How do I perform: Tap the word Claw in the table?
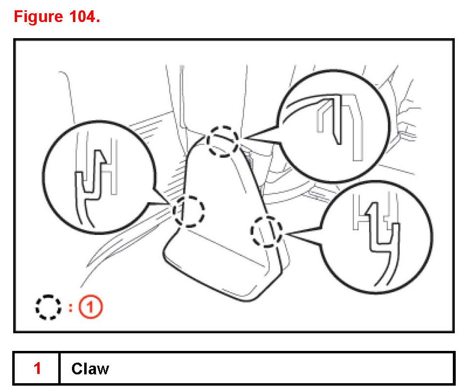[x=90, y=368]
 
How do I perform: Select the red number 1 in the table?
[x=37, y=368]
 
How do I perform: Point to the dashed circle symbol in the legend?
[x=48, y=307]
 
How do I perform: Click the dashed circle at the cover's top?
[x=222, y=140]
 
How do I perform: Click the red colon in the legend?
[x=70, y=308]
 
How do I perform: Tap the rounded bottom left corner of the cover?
[x=169, y=259]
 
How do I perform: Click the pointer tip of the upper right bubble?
[x=243, y=138]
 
